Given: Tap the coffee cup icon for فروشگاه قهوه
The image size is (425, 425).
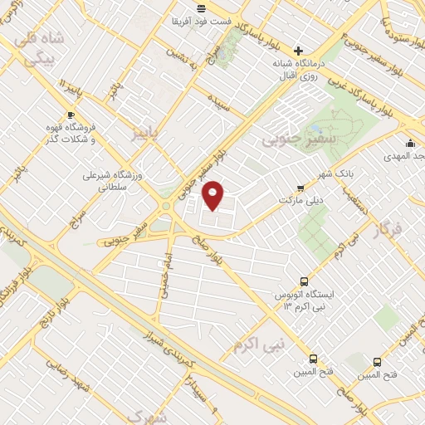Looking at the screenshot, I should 71,115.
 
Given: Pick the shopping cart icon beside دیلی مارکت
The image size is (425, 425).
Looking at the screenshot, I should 300,188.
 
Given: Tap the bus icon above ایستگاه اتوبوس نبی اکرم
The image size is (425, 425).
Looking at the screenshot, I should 304,281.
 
